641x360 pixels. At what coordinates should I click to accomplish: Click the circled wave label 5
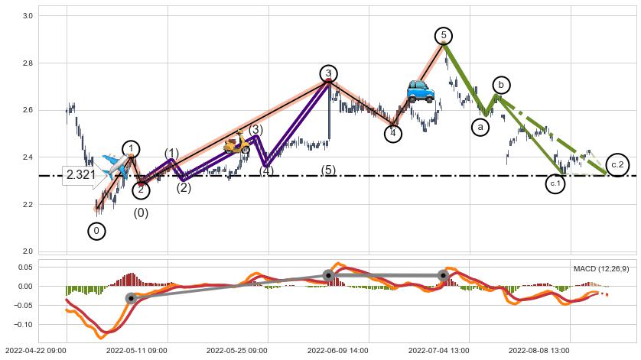[x=444, y=36]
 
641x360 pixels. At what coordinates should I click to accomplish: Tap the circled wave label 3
[x=328, y=73]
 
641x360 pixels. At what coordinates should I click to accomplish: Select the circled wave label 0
[x=96, y=230]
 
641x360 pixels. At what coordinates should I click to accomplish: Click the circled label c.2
[x=617, y=165]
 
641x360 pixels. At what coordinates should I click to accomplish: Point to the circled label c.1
[x=555, y=184]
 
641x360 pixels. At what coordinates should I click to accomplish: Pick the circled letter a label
[x=480, y=127]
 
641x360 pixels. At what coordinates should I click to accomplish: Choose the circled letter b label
[x=501, y=85]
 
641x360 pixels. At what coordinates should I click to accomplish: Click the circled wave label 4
[x=392, y=134]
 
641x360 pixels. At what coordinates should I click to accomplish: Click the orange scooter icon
[x=237, y=142]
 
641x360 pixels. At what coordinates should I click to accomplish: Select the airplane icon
[x=113, y=167]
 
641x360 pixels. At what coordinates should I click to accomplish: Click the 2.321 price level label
[x=80, y=174]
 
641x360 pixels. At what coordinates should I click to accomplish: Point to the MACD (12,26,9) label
[x=601, y=268]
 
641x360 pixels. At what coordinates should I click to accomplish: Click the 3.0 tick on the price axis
[x=27, y=16]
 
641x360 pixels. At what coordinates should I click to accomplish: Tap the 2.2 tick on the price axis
[x=27, y=205]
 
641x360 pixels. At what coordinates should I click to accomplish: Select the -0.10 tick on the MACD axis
[x=24, y=324]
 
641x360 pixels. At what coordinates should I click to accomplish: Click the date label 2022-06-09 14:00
[x=338, y=351]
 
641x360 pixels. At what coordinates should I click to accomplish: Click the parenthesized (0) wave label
[x=141, y=213]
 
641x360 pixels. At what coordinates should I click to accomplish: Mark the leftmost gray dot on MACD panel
[x=132, y=298]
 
